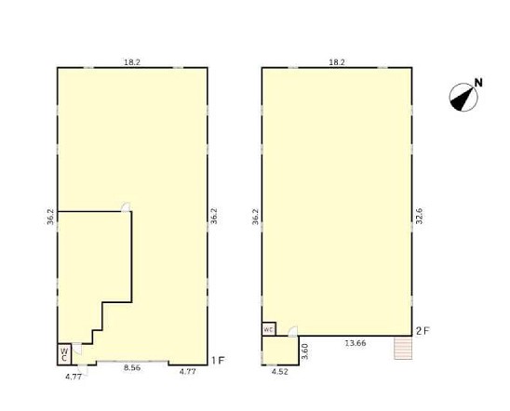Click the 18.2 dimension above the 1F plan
coord(132,62)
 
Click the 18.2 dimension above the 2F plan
coord(337,62)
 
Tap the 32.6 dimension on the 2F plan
coord(419,216)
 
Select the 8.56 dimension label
coord(132,368)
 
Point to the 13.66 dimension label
coord(356,343)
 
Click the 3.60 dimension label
coord(305,351)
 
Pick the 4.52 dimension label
coord(280,372)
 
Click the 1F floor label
coord(218,360)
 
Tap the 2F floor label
coord(423,331)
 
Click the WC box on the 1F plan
coord(64,354)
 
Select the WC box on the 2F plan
coord(269,329)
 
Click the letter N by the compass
coord(478,83)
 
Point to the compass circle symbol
coord(463,97)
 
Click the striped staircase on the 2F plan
coord(403,348)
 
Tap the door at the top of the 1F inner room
coord(126,207)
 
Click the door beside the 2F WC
coord(293,331)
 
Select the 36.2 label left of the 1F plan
coord(50,217)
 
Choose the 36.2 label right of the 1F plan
coord(214,216)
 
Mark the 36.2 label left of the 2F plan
coord(255,217)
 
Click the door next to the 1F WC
coord(77,349)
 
